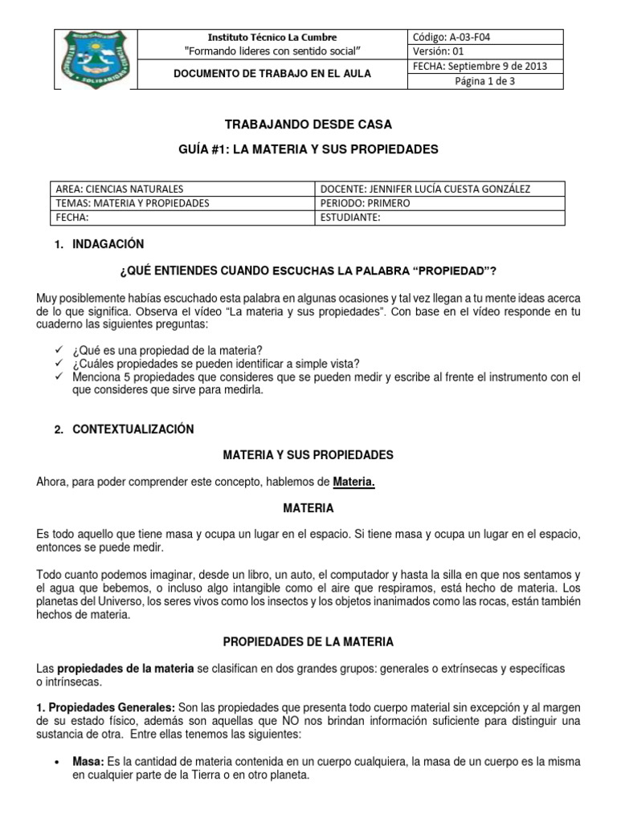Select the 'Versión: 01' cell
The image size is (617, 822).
(438, 51)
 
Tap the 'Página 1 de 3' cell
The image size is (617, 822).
(485, 81)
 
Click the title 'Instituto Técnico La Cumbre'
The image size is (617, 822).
(272, 37)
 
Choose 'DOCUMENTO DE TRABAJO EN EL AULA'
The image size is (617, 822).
(272, 74)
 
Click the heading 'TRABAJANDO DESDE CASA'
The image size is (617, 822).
(308, 124)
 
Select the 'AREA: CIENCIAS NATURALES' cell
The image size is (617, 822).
(119, 189)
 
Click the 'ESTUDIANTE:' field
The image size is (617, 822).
(350, 218)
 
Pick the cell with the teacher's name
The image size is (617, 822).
(426, 189)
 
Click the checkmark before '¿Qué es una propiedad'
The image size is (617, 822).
(59, 350)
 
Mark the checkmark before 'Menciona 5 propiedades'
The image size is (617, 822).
(59, 376)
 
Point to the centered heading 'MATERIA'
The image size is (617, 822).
(308, 508)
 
